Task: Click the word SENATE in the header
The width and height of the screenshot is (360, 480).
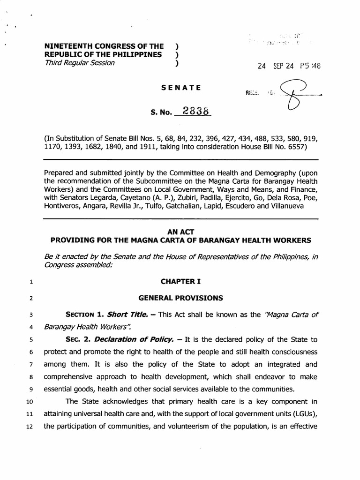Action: tap(181, 88)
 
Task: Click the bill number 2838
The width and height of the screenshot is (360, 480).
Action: tap(196, 112)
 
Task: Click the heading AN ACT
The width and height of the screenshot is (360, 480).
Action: tap(180, 232)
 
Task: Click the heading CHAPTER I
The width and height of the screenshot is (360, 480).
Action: tap(180, 281)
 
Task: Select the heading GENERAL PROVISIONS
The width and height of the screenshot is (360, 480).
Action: tap(180, 298)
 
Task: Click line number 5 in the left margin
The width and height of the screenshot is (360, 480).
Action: tap(30, 339)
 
